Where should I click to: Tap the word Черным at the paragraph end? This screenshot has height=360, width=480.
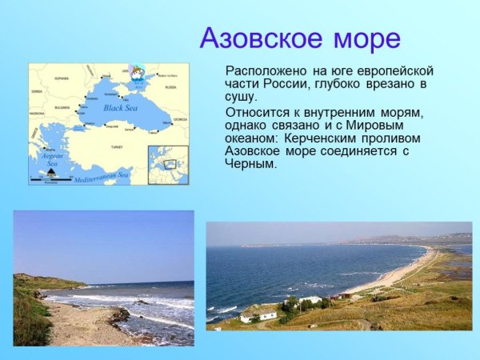250,164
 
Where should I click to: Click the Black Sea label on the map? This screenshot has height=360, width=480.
121,107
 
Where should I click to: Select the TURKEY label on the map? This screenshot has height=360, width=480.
117,147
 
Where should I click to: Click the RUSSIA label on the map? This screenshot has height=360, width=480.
170,86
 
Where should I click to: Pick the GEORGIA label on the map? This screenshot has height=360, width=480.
179,119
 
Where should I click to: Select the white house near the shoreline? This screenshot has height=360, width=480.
258,314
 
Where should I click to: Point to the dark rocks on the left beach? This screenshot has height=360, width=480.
120,314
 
